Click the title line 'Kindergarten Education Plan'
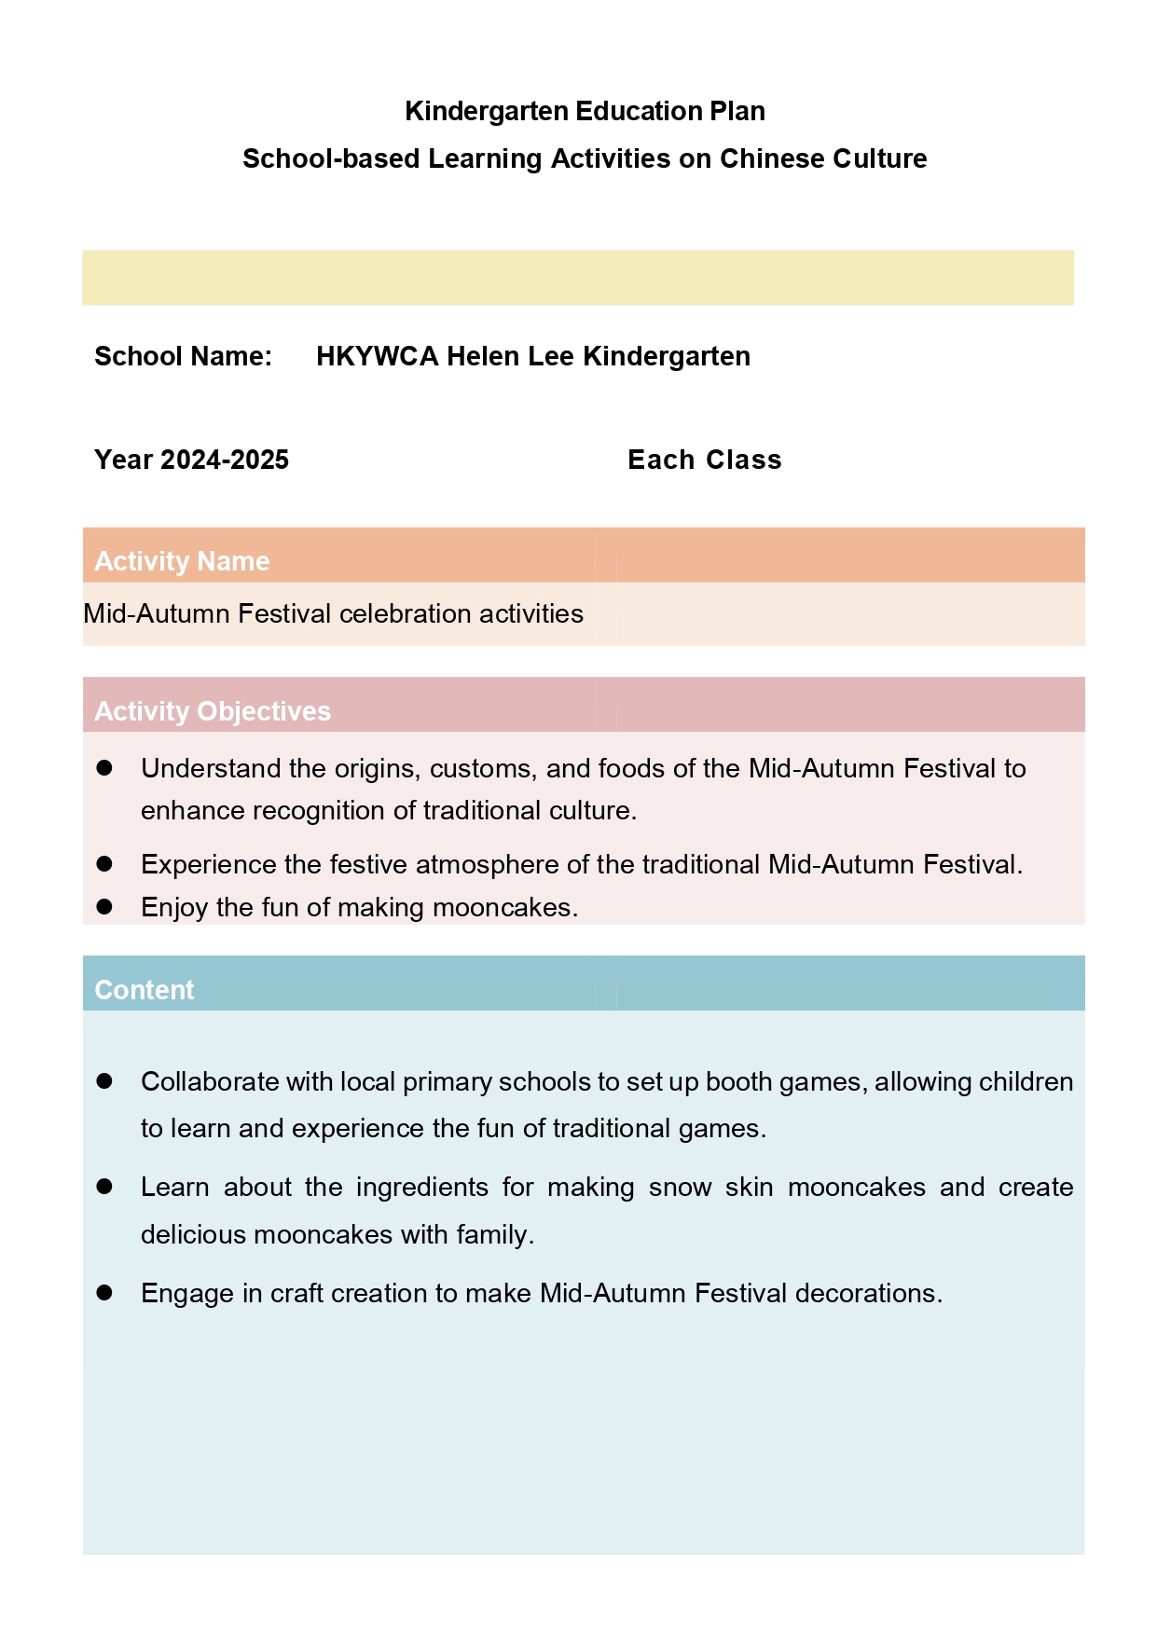click(x=585, y=111)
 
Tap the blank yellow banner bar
click(x=578, y=277)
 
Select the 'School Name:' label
click(x=183, y=356)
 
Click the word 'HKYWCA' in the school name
click(x=378, y=356)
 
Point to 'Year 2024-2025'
click(x=191, y=460)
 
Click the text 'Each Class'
click(x=704, y=460)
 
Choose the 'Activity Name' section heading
click(x=182, y=561)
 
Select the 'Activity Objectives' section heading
click(x=213, y=711)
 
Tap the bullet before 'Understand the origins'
click(x=104, y=768)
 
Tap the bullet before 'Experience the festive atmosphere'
click(x=104, y=864)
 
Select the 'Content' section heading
click(x=145, y=990)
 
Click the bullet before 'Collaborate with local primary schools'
click(x=104, y=1081)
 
